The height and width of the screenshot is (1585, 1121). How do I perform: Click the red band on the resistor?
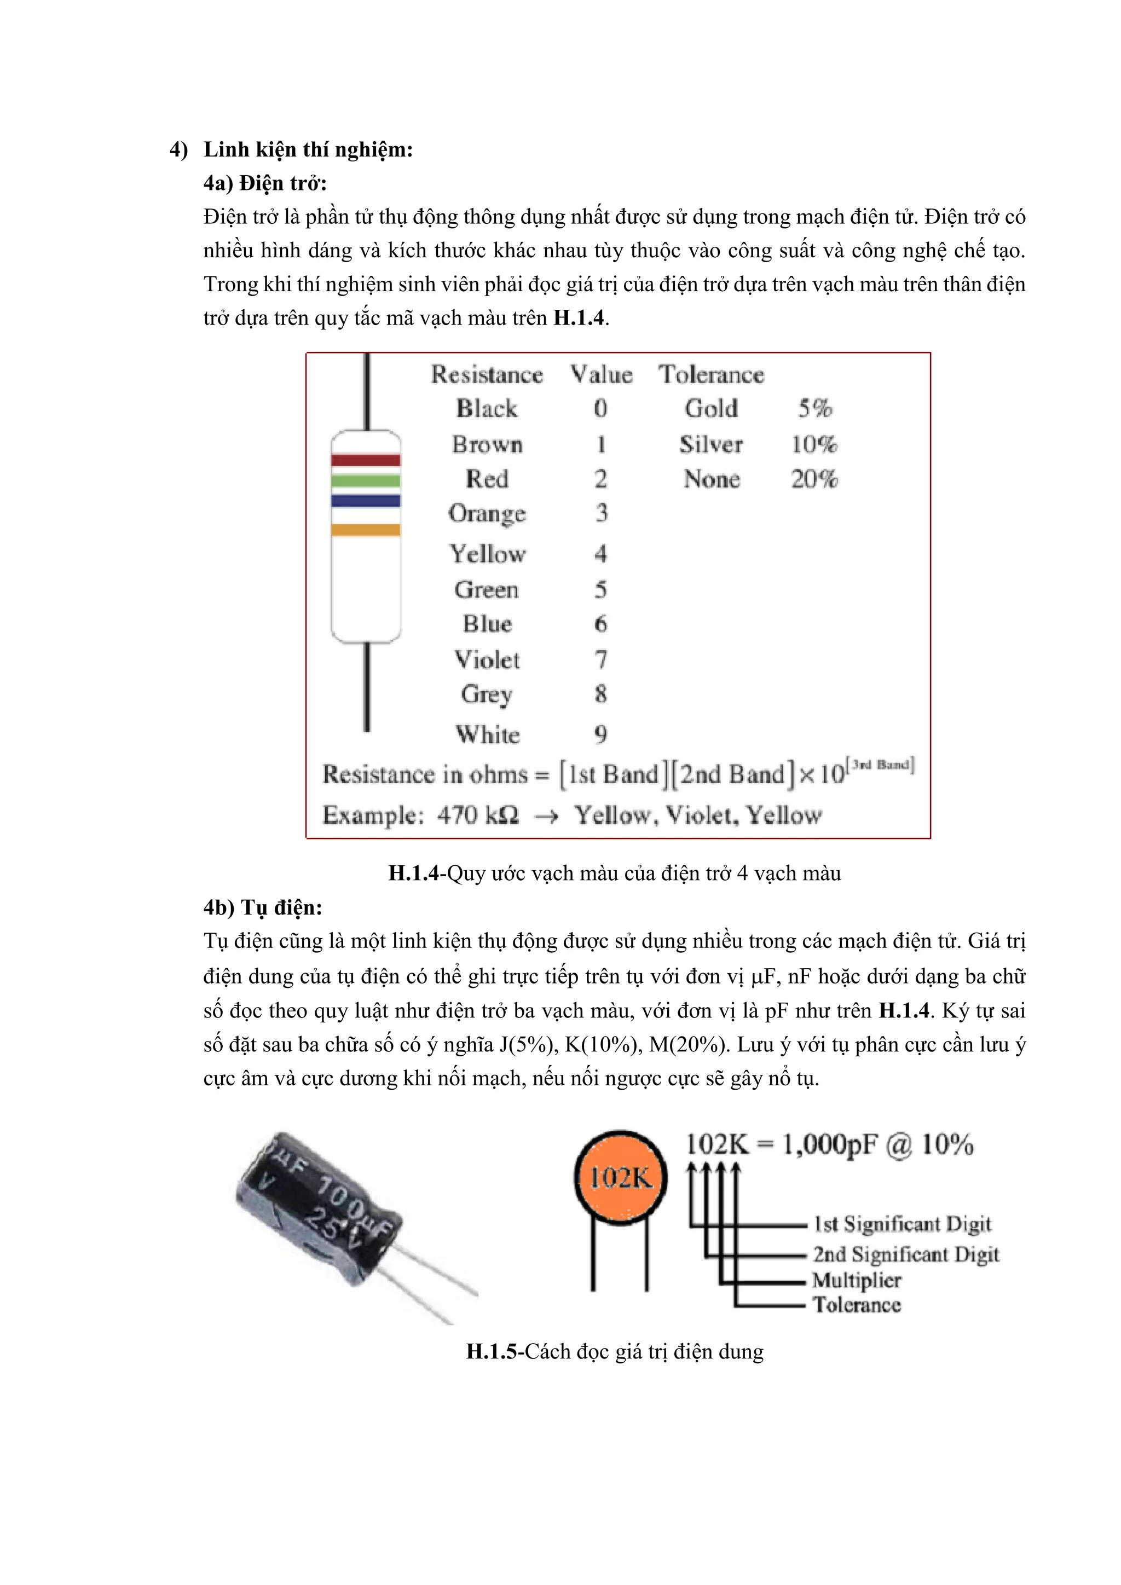(x=365, y=460)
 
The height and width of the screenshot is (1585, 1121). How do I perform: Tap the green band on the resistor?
(x=365, y=481)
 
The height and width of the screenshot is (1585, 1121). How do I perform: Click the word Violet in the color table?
(x=487, y=660)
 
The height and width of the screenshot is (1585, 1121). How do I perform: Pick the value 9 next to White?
(x=600, y=734)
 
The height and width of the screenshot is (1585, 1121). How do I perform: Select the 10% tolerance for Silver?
(x=814, y=444)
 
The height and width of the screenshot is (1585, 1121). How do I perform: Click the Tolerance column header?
(x=711, y=374)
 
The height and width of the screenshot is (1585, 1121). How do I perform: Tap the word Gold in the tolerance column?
(x=711, y=409)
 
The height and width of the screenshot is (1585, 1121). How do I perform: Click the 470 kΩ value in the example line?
(x=478, y=815)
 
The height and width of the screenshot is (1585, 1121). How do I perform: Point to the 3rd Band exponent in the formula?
(x=883, y=764)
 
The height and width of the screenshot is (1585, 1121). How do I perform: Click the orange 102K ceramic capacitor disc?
(x=620, y=1177)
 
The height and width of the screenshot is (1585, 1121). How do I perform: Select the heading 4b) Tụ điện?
(x=263, y=907)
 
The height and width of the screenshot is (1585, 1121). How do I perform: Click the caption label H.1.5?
(x=492, y=1351)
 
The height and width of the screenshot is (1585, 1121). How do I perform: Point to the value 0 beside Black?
(x=600, y=409)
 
